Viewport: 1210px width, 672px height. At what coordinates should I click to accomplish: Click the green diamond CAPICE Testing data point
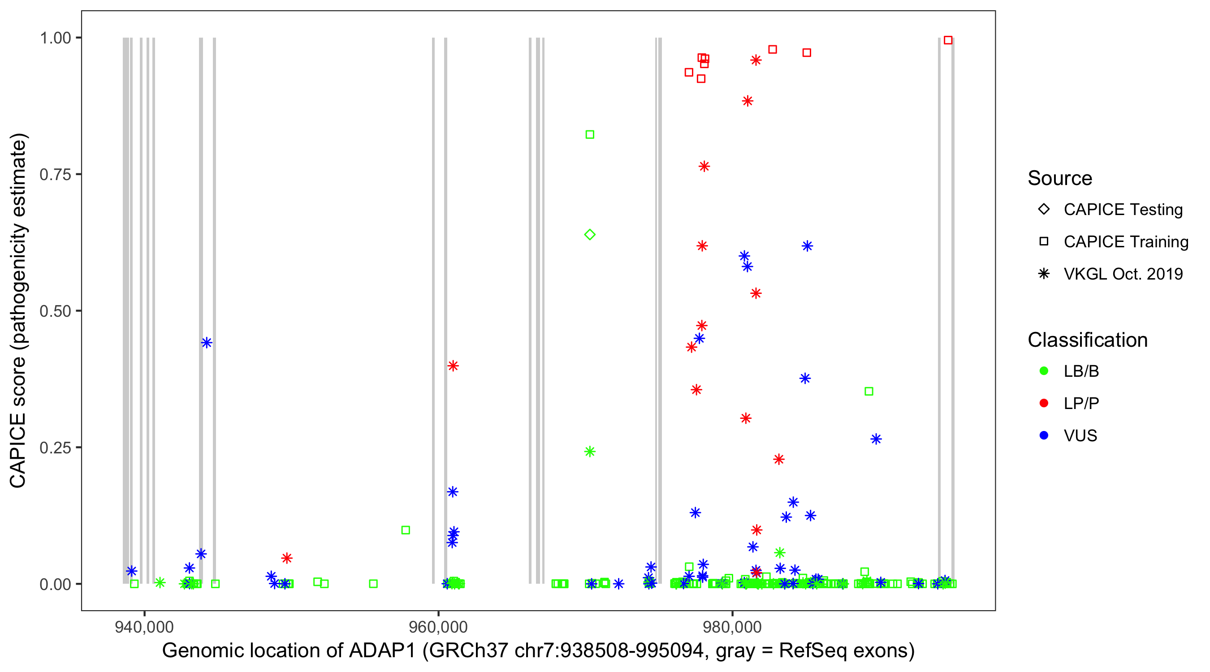pyautogui.click(x=590, y=234)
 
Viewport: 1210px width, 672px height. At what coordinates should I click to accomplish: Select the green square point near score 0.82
pyautogui.click(x=590, y=135)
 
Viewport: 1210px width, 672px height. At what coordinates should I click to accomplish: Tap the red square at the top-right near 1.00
pyautogui.click(x=948, y=40)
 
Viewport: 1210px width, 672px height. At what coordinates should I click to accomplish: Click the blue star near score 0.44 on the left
pyautogui.click(x=207, y=342)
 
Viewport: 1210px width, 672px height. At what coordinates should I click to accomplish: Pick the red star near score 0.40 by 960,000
pyautogui.click(x=453, y=366)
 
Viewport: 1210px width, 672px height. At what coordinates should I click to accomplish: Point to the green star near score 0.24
pyautogui.click(x=590, y=451)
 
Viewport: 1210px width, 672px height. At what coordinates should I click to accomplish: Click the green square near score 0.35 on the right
pyautogui.click(x=869, y=391)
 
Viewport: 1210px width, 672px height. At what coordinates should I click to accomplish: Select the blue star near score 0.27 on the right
pyautogui.click(x=876, y=439)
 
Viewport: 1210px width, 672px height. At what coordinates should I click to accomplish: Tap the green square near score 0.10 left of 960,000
pyautogui.click(x=406, y=530)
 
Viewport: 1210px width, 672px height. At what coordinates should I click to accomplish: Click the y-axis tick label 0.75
pyautogui.click(x=55, y=175)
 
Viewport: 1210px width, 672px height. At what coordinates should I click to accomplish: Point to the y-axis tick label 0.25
pyautogui.click(x=55, y=448)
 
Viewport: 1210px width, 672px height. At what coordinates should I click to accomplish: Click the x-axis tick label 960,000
pyautogui.click(x=438, y=627)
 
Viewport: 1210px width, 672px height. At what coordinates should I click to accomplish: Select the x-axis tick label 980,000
pyautogui.click(x=732, y=627)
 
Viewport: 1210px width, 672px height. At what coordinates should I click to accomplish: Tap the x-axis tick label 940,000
pyautogui.click(x=144, y=627)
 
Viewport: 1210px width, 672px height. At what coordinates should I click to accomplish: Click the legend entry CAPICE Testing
pyautogui.click(x=1123, y=210)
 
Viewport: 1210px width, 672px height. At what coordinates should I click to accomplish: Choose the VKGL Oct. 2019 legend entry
pyautogui.click(x=1123, y=274)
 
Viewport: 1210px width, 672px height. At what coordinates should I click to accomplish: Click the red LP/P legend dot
pyautogui.click(x=1044, y=403)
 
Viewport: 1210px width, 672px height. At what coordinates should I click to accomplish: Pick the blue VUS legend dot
pyautogui.click(x=1044, y=435)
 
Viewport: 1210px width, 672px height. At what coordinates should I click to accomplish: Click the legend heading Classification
pyautogui.click(x=1087, y=340)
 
